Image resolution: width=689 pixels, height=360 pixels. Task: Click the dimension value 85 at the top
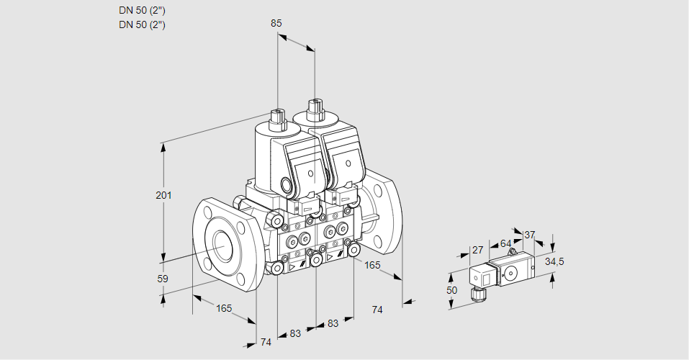(x=276, y=23)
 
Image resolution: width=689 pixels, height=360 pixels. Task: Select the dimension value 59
(x=163, y=279)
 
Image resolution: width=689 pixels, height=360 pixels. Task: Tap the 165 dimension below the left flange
(x=224, y=308)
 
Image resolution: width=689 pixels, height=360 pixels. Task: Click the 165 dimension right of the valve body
(x=372, y=265)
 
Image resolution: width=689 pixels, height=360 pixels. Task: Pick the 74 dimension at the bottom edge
(x=266, y=342)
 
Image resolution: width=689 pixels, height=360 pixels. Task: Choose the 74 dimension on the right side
(x=377, y=310)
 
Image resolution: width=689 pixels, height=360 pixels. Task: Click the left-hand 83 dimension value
(x=295, y=333)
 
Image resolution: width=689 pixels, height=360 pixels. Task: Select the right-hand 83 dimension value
(x=333, y=324)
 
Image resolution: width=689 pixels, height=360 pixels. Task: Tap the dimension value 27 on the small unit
(x=477, y=250)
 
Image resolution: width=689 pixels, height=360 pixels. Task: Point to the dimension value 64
(x=505, y=243)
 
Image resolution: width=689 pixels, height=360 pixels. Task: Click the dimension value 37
(x=530, y=235)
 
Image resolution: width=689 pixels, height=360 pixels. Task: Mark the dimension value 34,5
(x=554, y=261)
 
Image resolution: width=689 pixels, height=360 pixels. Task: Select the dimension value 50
(x=451, y=290)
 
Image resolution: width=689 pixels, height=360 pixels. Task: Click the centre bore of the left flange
(x=220, y=246)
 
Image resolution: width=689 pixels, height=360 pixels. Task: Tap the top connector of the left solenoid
(x=277, y=116)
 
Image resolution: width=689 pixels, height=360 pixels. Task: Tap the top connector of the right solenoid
(x=314, y=109)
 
